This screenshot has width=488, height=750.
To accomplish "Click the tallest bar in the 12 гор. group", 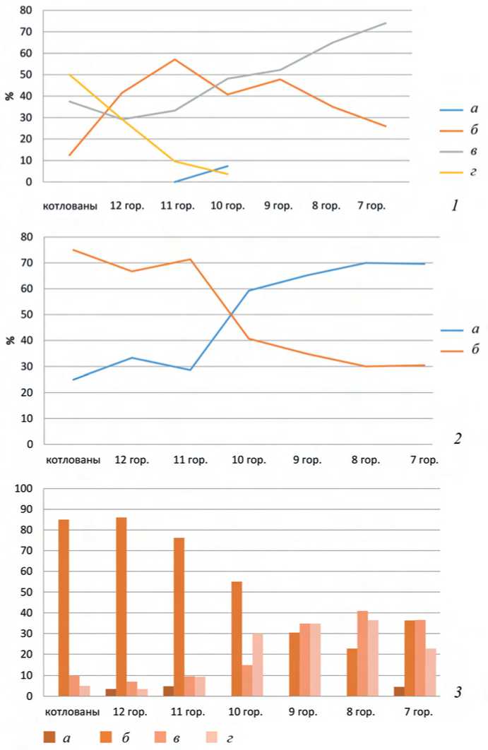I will tap(121, 607).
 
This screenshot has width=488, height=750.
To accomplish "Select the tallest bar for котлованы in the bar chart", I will tap(64, 607).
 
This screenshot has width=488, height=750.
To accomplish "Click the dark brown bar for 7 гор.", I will tap(398, 691).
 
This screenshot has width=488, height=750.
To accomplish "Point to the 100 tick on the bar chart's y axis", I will tap(24, 489).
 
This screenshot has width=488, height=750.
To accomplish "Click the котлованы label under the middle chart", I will tap(73, 460).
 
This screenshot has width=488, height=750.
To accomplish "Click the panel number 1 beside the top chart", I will tap(456, 206).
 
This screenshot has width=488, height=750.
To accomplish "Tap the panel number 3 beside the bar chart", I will tap(458, 693).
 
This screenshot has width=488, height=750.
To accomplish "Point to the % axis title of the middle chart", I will tap(10, 340).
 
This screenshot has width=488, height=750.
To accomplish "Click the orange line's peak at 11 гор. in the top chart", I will tap(174, 59).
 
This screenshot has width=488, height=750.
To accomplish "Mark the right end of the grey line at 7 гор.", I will tap(386, 23).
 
